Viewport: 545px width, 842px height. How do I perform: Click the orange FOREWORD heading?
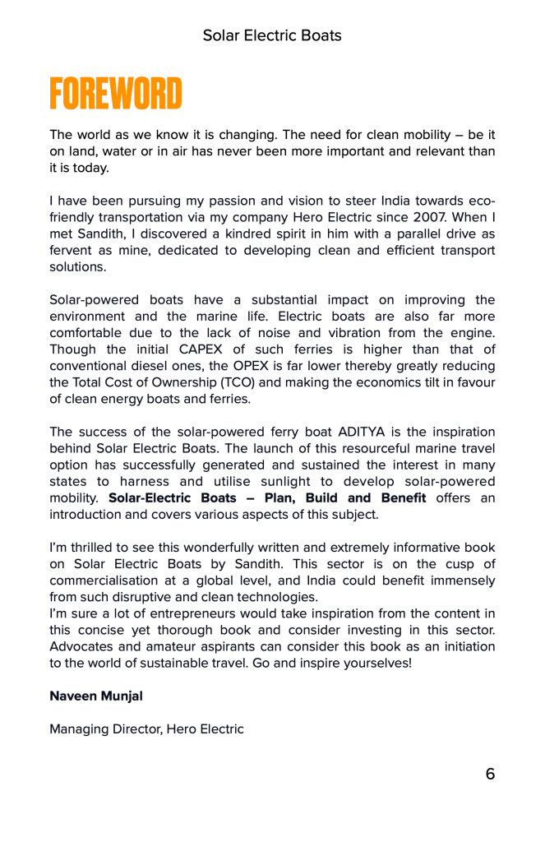[x=116, y=95]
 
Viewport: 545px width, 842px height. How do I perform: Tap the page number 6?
[x=490, y=774]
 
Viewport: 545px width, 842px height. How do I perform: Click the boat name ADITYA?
[x=366, y=433]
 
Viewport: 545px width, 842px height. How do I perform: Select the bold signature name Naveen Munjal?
[x=96, y=696]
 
